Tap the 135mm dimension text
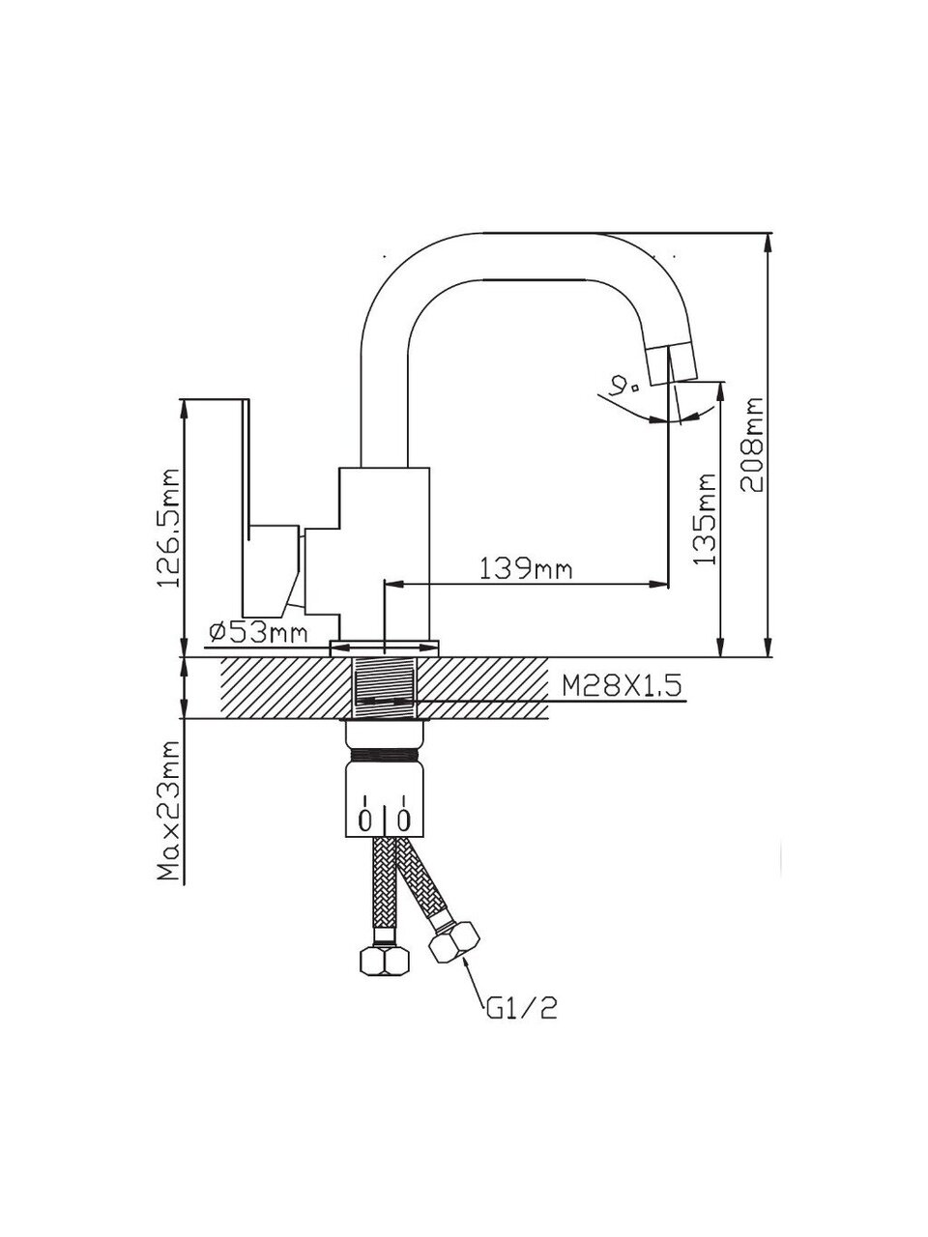(707, 518)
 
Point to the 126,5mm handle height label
(170, 529)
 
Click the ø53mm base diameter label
(257, 633)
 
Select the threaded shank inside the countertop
(385, 687)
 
